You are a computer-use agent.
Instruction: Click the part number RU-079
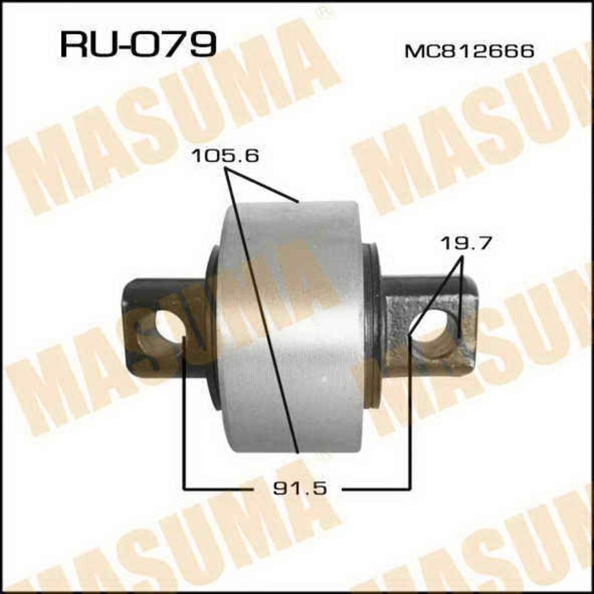coord(137,43)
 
